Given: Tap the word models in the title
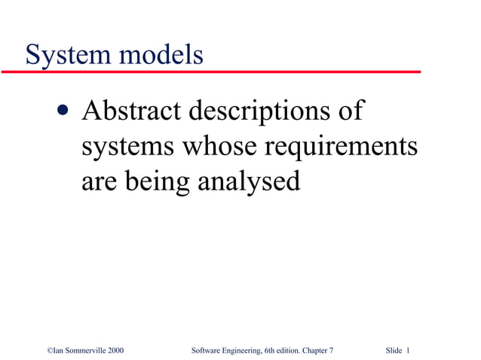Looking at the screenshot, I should pyautogui.click(x=161, y=54).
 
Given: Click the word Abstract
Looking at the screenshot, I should pyautogui.click(x=131, y=111).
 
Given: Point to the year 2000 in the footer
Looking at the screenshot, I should pyautogui.click(x=115, y=351).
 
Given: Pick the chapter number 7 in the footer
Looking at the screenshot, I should pyautogui.click(x=331, y=351).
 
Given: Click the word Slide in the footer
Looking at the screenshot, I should pyautogui.click(x=394, y=351).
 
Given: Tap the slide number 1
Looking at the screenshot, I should pyautogui.click(x=408, y=351).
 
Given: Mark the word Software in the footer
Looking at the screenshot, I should pyautogui.click(x=207, y=351).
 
